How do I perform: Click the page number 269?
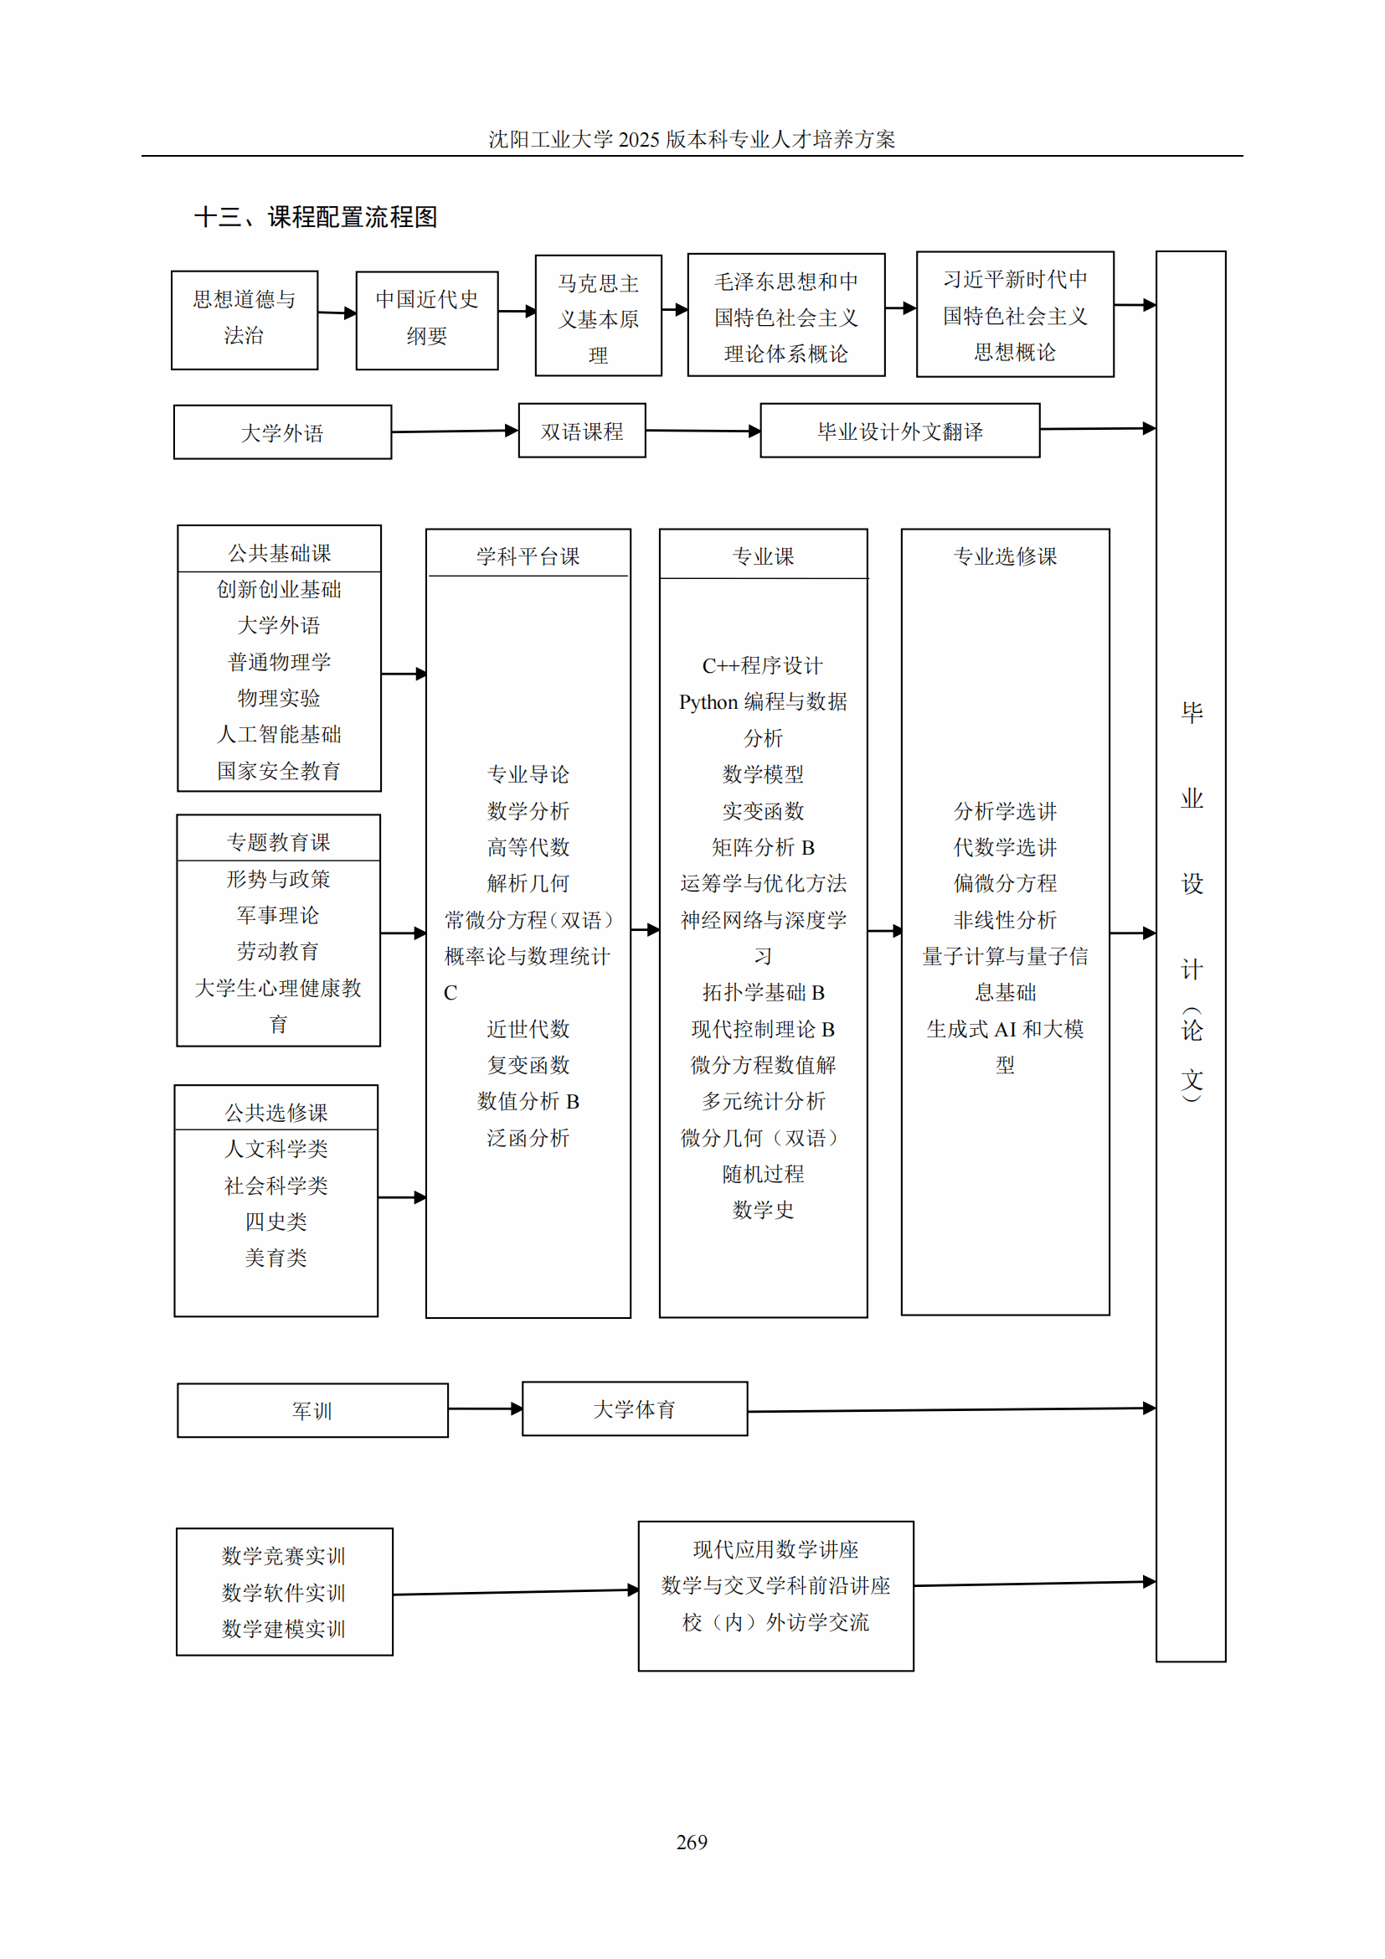[x=692, y=1842]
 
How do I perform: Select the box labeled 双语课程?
[x=582, y=431]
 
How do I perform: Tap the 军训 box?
[x=312, y=1410]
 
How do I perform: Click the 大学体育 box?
[x=635, y=1409]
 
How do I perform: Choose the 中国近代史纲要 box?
[x=426, y=320]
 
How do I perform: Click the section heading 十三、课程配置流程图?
[x=316, y=217]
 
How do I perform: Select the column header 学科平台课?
[x=528, y=556]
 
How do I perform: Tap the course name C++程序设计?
[x=763, y=665]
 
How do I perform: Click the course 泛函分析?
[x=528, y=1137]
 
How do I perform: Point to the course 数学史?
[x=763, y=1210]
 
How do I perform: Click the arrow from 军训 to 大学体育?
[x=486, y=1409]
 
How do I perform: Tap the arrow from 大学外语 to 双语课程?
[x=456, y=431]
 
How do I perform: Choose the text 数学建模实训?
[x=283, y=1629]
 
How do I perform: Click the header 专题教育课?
[x=278, y=842]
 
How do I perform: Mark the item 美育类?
[x=275, y=1258]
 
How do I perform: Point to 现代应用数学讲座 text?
[x=775, y=1548]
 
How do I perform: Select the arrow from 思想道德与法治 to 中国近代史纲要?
[x=337, y=313]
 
